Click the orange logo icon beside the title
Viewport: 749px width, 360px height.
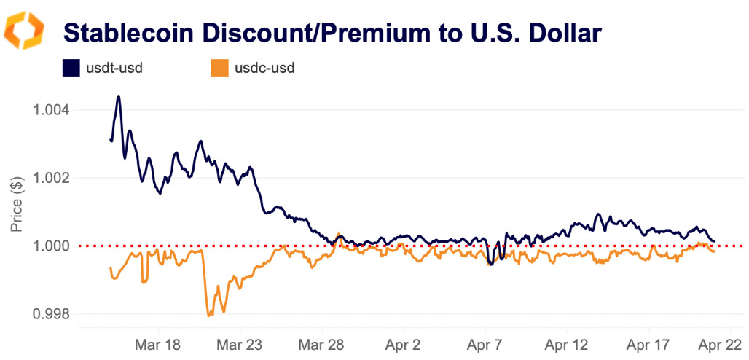pyautogui.click(x=25, y=30)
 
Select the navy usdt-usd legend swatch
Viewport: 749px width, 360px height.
pyautogui.click(x=70, y=69)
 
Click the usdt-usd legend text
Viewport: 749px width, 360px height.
pyautogui.click(x=114, y=69)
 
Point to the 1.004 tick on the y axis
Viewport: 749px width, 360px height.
pyautogui.click(x=52, y=110)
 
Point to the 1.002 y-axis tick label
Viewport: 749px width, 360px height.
pyautogui.click(x=52, y=179)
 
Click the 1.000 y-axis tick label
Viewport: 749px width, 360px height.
pyautogui.click(x=52, y=246)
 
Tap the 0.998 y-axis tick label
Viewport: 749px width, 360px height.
pyautogui.click(x=52, y=315)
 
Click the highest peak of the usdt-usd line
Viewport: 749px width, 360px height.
pyautogui.click(x=118, y=97)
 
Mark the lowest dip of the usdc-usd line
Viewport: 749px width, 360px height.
pyautogui.click(x=209, y=316)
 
